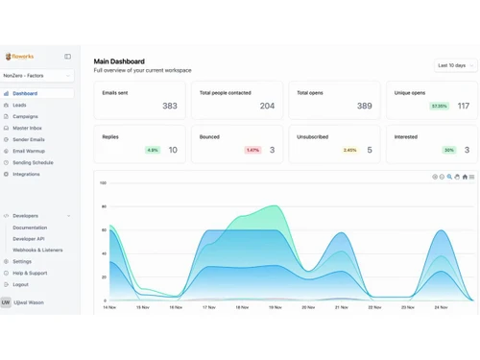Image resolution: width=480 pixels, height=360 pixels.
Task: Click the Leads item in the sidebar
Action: click(20, 105)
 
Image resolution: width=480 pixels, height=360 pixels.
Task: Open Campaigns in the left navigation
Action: click(26, 116)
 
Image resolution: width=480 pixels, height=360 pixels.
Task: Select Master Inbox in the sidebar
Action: click(27, 128)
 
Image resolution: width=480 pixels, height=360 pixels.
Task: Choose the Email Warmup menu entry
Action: click(28, 151)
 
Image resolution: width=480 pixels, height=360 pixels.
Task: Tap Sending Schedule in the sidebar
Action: click(33, 162)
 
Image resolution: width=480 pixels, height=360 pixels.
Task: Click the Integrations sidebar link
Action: click(26, 174)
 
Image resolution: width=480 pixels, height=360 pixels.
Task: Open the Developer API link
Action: click(29, 238)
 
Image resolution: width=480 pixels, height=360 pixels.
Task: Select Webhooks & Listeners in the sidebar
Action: click(37, 250)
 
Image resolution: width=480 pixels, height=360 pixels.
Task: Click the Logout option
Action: click(20, 284)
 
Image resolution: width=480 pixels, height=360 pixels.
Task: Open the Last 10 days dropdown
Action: click(454, 65)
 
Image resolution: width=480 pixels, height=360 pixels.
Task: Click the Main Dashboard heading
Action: click(119, 61)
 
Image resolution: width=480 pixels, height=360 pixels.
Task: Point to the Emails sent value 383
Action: click(169, 106)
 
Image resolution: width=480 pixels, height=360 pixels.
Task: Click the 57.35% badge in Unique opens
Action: click(439, 106)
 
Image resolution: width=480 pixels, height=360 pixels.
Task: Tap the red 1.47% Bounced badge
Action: click(252, 150)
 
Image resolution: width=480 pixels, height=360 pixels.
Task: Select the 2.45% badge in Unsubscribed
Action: click(349, 150)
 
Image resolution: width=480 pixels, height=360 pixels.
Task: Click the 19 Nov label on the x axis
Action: click(275, 307)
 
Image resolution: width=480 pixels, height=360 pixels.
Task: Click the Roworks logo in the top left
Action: click(19, 57)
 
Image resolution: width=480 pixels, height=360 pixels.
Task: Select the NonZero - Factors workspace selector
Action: click(37, 75)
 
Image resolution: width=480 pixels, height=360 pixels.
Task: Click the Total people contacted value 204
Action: click(267, 106)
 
